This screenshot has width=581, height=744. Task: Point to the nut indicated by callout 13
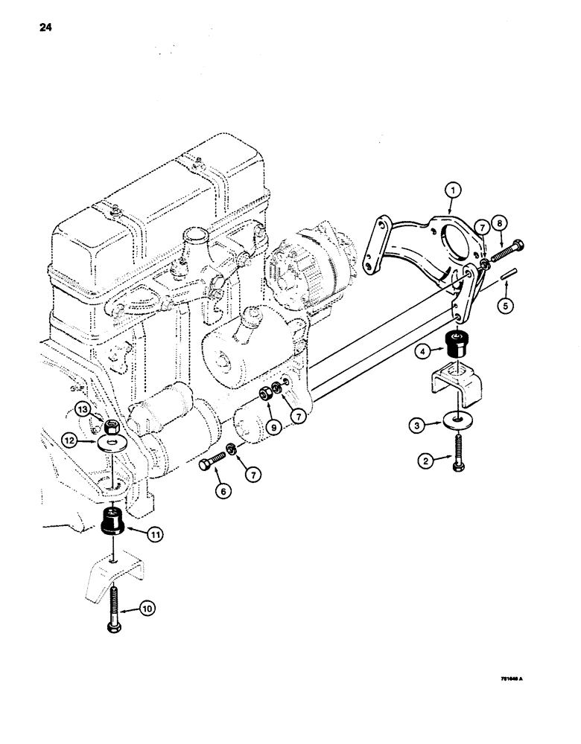point(111,426)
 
